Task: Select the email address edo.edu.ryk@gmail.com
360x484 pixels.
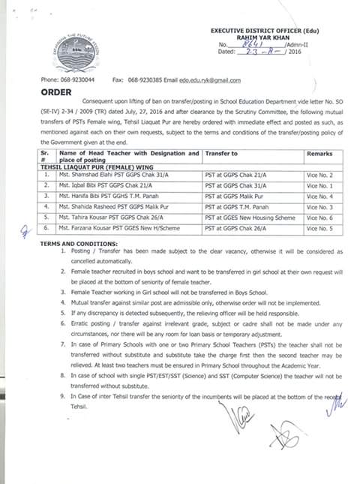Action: [x=209, y=80]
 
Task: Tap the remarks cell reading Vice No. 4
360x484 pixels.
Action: [x=320, y=195]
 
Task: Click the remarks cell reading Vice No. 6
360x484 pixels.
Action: [x=320, y=215]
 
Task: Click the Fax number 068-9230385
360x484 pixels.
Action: [x=149, y=80]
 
